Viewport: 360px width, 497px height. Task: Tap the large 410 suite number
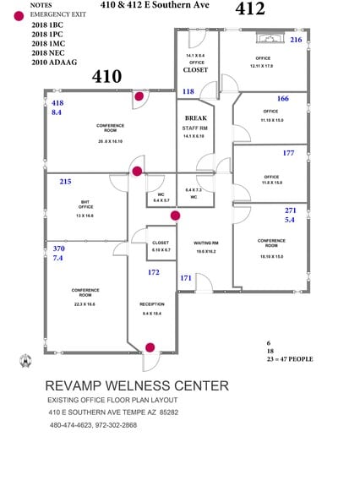pos(106,77)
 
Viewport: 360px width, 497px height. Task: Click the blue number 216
pos(295,40)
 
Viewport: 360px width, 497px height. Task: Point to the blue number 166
pos(282,99)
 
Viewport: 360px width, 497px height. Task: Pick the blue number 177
pos(288,153)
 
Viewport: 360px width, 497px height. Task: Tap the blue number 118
pos(188,91)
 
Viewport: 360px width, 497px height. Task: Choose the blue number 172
pos(153,272)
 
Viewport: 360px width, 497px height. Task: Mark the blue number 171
pos(185,277)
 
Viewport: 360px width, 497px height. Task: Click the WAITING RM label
pos(206,242)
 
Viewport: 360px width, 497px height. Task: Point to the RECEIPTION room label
pos(152,303)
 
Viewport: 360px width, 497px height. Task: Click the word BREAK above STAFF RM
pos(195,117)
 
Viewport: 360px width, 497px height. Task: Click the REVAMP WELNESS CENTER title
pos(136,385)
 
